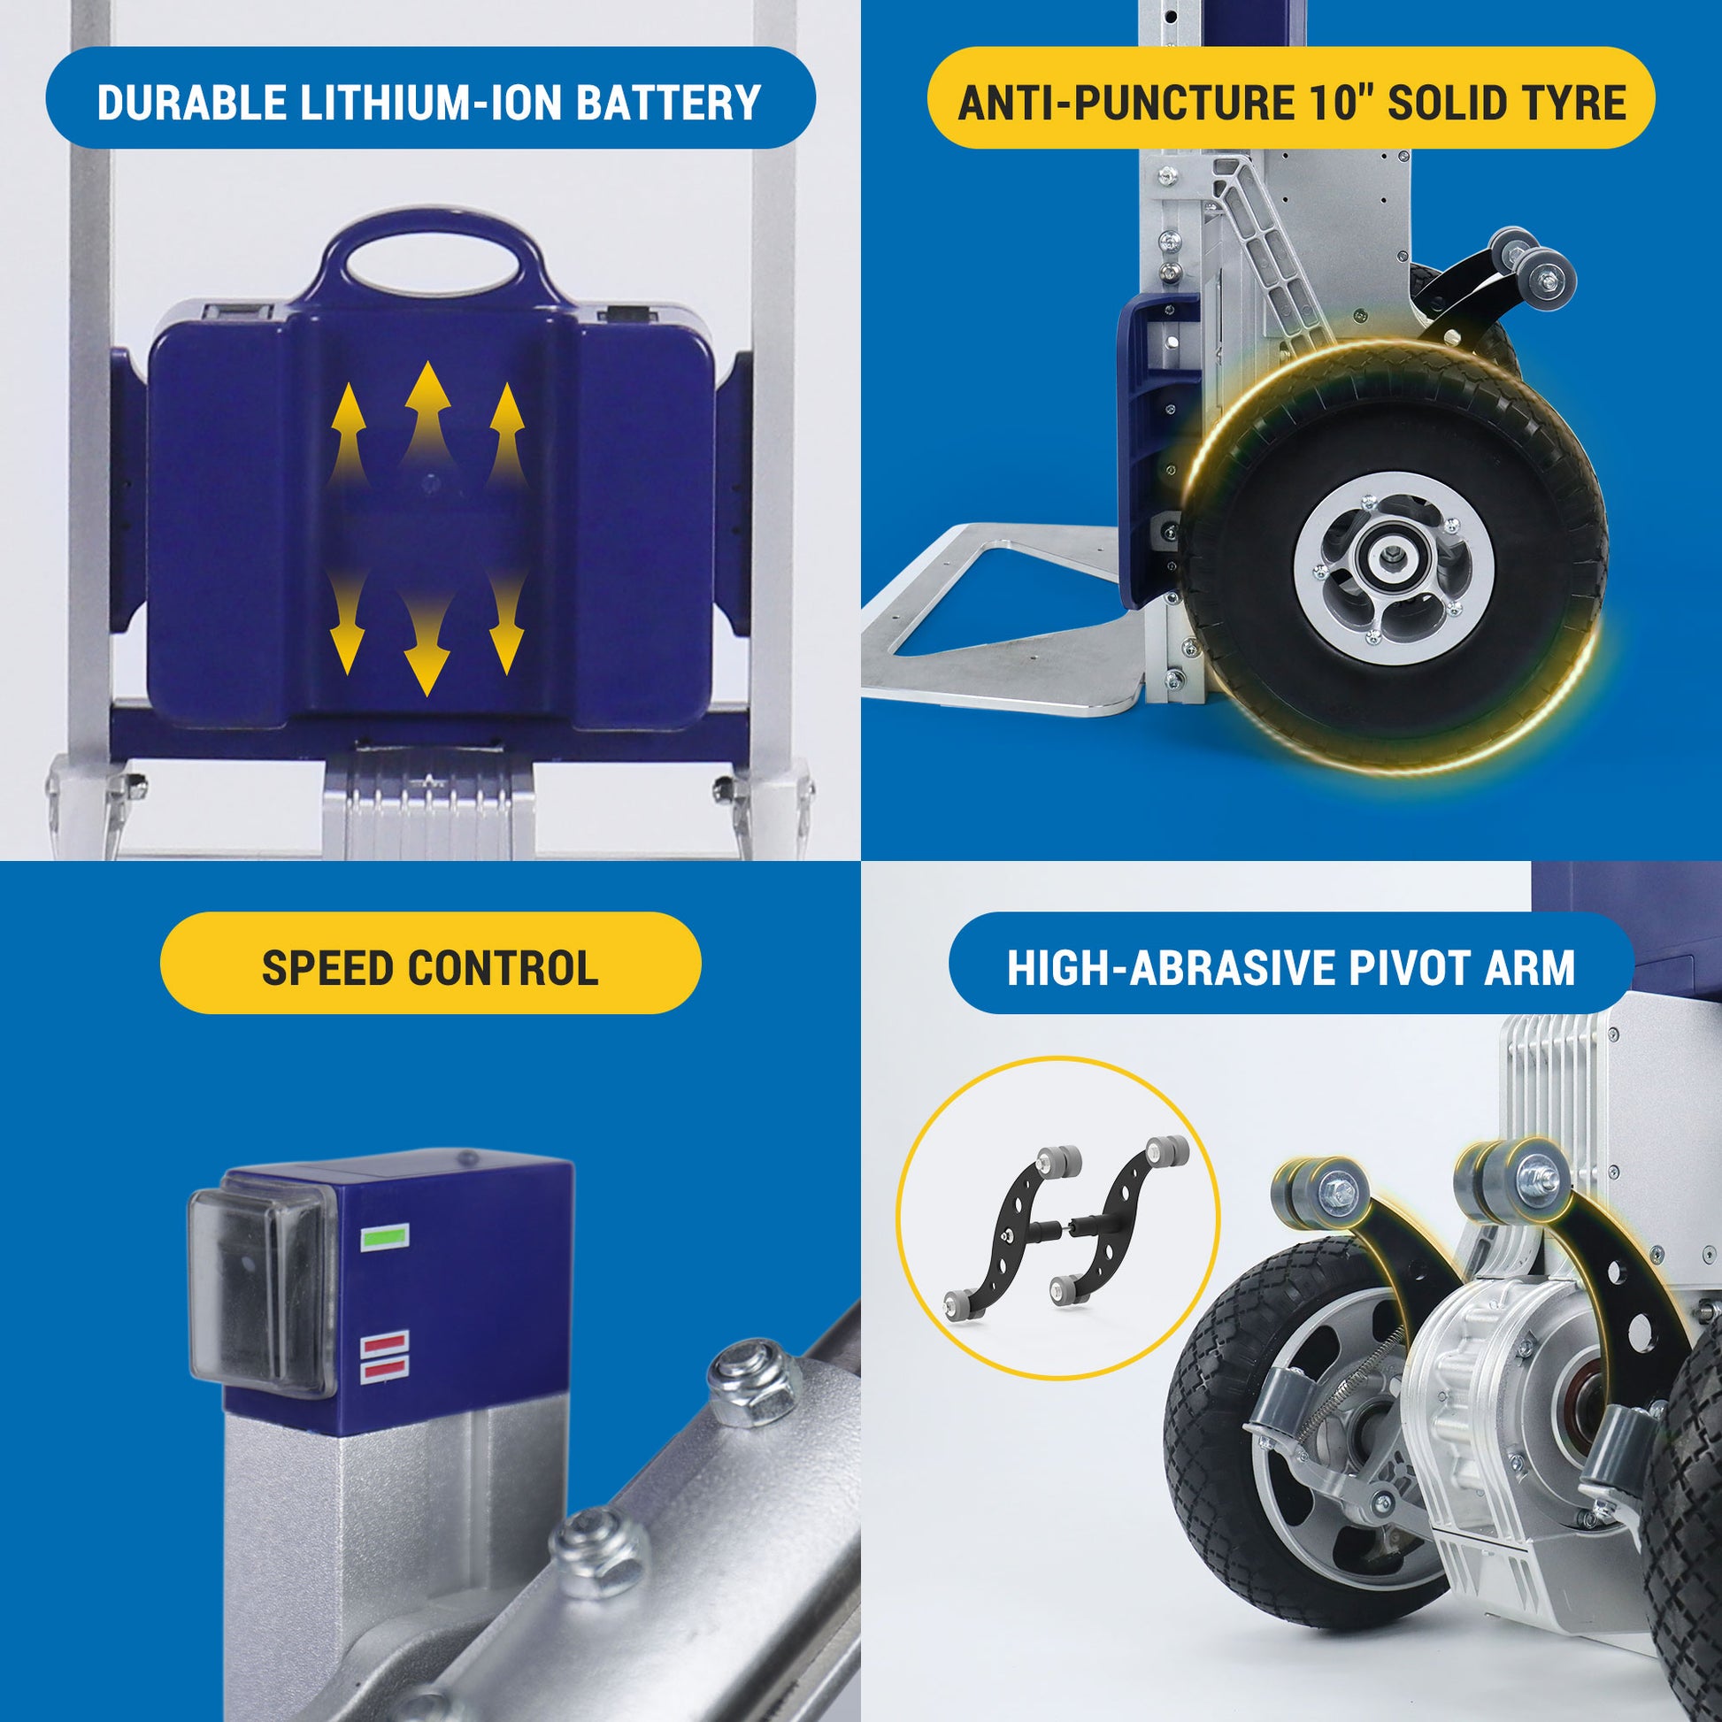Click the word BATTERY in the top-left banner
coord(667,103)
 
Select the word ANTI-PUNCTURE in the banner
coord(1126,103)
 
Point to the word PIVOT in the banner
coord(1407,968)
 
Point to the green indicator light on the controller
coord(384,1237)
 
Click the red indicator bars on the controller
coord(384,1357)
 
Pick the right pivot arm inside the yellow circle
coord(1119,1224)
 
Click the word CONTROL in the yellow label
coord(503,968)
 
